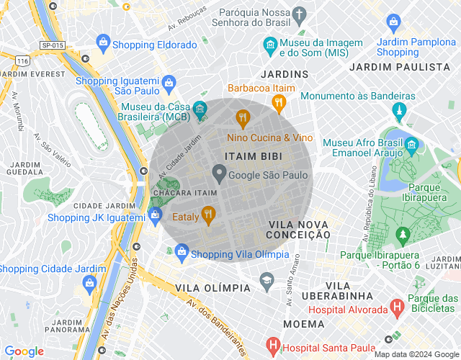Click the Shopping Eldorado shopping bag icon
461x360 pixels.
[103, 44]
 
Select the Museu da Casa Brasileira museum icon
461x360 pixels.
[200, 109]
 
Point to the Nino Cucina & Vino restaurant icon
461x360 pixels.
[243, 118]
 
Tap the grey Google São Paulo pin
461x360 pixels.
[218, 174]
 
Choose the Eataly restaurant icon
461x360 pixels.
[208, 214]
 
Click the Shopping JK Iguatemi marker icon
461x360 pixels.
[155, 214]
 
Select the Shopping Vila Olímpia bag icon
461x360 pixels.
[182, 252]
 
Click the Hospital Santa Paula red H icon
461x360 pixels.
[273, 346]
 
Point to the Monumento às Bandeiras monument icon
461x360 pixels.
[398, 111]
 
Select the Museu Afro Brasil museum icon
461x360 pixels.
[411, 146]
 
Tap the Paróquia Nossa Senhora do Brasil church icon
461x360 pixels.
[300, 14]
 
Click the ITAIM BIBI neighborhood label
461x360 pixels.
[253, 156]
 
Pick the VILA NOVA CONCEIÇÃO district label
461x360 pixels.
[299, 230]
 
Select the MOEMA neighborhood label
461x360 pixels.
[304, 324]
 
